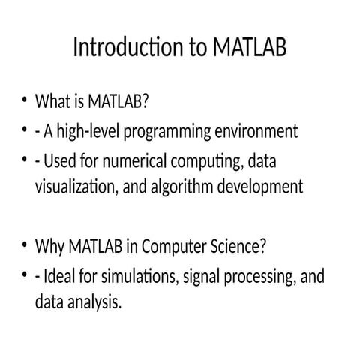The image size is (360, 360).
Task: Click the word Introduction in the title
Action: coord(128,47)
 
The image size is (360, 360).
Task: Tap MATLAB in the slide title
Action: coord(250,47)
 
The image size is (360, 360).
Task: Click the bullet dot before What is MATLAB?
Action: coord(24,99)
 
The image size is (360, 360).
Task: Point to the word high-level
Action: coord(88,131)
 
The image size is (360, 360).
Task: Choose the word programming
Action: coord(167,132)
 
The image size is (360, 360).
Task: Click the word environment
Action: coord(256,131)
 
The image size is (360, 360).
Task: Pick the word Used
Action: coord(60,161)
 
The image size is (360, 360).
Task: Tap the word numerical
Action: coord(135,161)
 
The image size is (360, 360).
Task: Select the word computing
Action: coord(207,162)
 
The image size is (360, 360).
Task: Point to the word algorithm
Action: coord(182,187)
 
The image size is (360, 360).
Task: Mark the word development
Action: coord(260,187)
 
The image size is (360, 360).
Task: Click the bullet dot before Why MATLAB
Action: coord(24,244)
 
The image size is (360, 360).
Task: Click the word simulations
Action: coord(140,277)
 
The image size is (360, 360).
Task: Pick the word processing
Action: coord(259,277)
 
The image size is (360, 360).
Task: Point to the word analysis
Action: coord(94,302)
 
